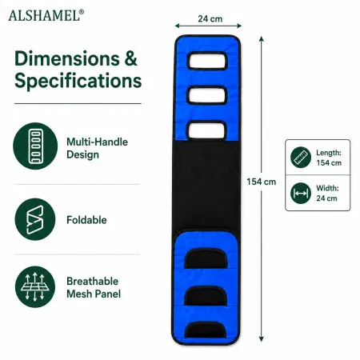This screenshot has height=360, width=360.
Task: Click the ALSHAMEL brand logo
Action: tap(46, 15)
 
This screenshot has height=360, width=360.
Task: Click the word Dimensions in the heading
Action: tap(67, 58)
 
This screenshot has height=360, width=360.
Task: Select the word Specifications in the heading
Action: tap(78, 81)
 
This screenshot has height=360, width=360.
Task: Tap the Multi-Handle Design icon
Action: tap(35, 146)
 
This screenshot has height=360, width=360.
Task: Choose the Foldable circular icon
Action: tap(35, 219)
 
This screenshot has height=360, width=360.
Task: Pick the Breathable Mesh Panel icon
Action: tap(35, 286)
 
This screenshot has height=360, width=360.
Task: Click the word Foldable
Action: tap(86, 220)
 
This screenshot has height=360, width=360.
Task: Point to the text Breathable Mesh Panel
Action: tap(94, 287)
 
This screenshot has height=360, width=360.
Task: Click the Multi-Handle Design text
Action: tap(97, 148)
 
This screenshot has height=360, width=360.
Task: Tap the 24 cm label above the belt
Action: tap(210, 19)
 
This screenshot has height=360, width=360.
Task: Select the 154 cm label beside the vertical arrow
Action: tap(261, 182)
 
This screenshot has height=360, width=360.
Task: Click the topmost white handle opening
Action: tap(207, 61)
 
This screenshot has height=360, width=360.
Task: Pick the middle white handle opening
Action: tap(207, 95)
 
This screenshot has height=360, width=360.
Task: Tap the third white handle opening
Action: tap(207, 130)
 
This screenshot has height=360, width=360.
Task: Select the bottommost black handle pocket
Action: tap(206, 330)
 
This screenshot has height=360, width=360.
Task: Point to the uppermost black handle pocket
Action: tap(206, 258)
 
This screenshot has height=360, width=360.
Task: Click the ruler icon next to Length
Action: tap(301, 158)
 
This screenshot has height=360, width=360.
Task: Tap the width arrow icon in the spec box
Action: tap(301, 193)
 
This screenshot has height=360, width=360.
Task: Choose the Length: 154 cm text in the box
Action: tap(329, 158)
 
